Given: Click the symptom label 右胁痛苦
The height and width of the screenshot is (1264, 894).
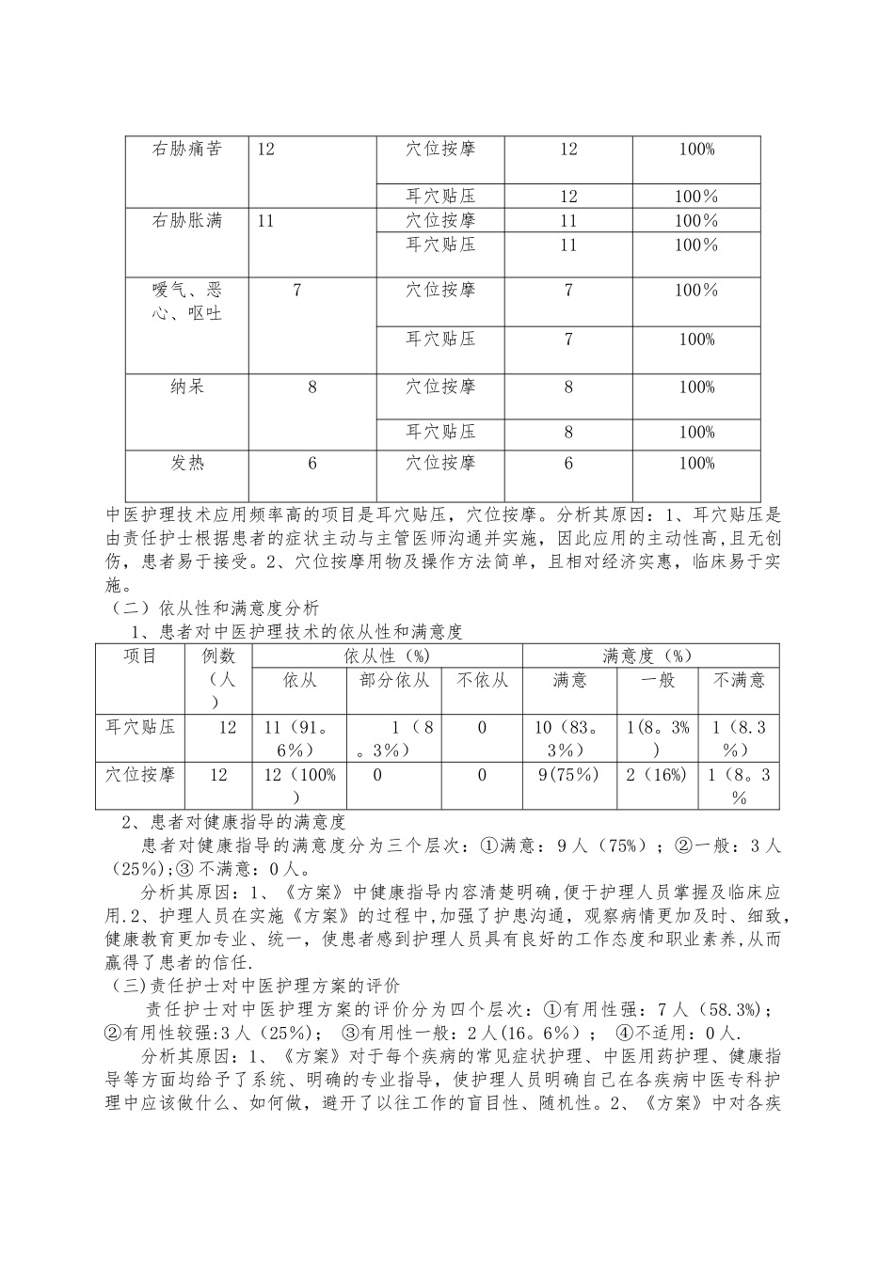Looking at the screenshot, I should coord(187,149).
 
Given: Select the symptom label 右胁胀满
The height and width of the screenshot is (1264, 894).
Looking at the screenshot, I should coord(187,221).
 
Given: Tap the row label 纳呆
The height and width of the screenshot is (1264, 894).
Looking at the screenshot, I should coord(187,387).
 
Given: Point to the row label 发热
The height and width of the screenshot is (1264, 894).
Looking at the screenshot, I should coord(187,463).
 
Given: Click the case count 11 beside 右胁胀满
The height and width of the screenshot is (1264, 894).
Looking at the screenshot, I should coord(265,221).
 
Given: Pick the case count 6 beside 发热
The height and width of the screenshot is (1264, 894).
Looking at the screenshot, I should coord(312,463).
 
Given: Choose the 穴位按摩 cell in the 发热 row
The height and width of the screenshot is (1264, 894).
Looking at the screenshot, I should coord(440,463).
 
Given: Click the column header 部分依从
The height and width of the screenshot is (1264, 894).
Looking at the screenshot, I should coord(394,680).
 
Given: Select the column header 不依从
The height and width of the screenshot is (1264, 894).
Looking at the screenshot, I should coord(482,680).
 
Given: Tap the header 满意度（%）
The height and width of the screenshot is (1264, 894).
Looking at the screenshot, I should coord(650,656).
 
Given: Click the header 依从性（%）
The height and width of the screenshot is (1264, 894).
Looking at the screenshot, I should coord(387,656).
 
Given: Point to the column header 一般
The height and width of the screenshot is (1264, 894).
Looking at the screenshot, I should coord(658,680).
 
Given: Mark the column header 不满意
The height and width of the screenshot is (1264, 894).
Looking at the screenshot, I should coord(739,680).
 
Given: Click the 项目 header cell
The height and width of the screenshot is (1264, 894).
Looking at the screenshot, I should coord(140,656).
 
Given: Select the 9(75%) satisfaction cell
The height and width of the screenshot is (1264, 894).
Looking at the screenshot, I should coord(568,775).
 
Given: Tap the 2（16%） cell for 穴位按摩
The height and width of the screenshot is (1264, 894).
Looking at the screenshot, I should coord(657,775).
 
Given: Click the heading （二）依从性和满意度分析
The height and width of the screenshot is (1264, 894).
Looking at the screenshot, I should coord(216,608).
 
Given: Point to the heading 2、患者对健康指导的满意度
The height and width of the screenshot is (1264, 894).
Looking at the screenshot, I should coord(235,822).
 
